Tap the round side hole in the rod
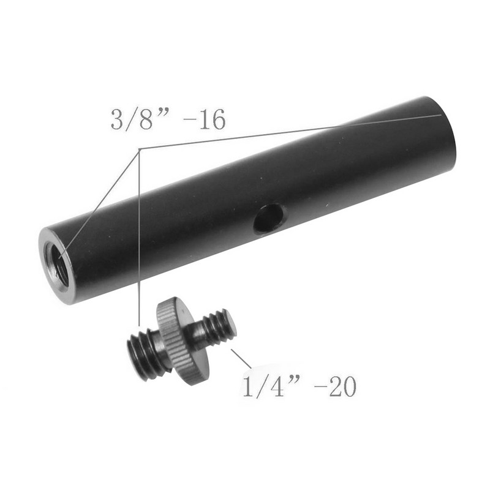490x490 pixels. (269, 219)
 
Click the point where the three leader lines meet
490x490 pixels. (140, 149)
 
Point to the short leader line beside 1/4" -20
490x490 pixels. (240, 358)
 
